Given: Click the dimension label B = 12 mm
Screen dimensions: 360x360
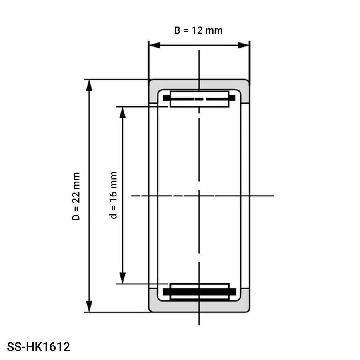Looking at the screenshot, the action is click(198, 30).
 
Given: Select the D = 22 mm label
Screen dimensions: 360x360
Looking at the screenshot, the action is click(76, 196).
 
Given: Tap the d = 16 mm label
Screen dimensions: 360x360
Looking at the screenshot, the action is click(114, 195).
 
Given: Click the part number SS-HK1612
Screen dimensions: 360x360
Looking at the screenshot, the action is click(38, 347).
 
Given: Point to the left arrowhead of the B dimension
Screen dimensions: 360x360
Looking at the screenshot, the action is click(154, 45).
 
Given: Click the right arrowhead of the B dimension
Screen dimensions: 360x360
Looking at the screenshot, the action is click(244, 45).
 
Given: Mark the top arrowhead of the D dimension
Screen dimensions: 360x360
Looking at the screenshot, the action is click(89, 86).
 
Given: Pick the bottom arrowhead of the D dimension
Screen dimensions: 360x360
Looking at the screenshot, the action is click(89, 306).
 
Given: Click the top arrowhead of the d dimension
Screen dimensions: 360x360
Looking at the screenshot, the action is click(123, 112).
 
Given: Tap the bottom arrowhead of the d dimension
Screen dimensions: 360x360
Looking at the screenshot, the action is click(123, 278).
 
